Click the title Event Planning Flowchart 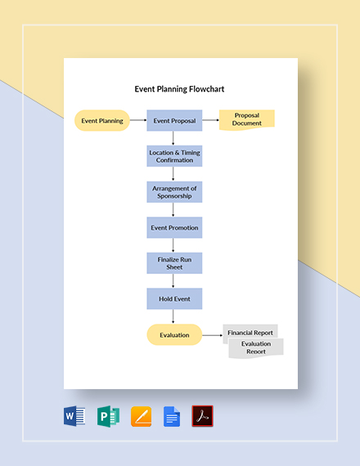pos(179,89)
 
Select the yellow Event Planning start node pos(102,121)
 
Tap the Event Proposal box pos(173,121)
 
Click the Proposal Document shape pos(247,119)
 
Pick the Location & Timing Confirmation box pos(173,156)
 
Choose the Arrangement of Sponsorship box pos(173,192)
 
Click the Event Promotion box pos(173,227)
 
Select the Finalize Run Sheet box pos(173,262)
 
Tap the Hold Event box pos(173,298)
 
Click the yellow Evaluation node pos(173,334)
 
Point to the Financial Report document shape pos(251,332)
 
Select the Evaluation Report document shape pos(257,347)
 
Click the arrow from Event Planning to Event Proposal pos(137,121)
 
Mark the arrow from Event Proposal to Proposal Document pos(210,121)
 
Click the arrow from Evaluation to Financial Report pos(213,334)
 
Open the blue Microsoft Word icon pos(74,416)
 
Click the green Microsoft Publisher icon pos(108,416)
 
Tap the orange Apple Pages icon pos(141,416)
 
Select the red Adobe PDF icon pos(202,416)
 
